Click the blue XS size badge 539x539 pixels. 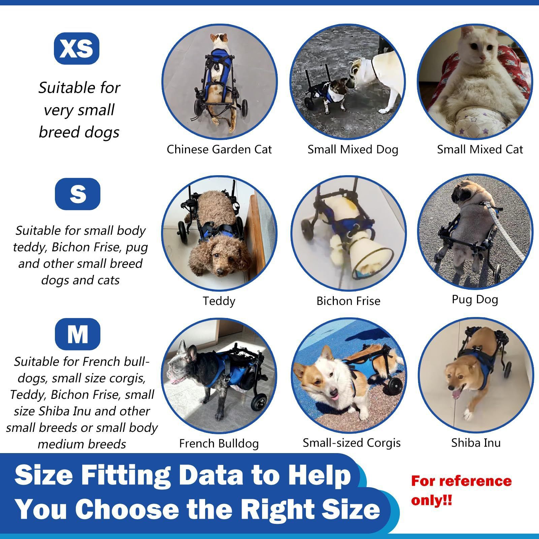pyautogui.click(x=76, y=49)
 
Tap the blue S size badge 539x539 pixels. pyautogui.click(x=77, y=194)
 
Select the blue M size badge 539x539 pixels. pyautogui.click(x=77, y=334)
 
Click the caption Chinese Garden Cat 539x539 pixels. pyautogui.click(x=219, y=149)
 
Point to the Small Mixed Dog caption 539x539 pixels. pyautogui.click(x=353, y=149)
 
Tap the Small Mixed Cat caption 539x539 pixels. pyautogui.click(x=480, y=149)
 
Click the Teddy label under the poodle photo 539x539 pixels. pyautogui.click(x=219, y=300)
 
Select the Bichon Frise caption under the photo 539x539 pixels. pyautogui.click(x=348, y=300)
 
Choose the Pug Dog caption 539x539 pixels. pyautogui.click(x=475, y=299)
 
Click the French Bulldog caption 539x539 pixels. pyautogui.click(x=219, y=443)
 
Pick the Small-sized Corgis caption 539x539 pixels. pyautogui.click(x=351, y=443)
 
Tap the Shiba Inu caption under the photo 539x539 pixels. pyautogui.click(x=476, y=443)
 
